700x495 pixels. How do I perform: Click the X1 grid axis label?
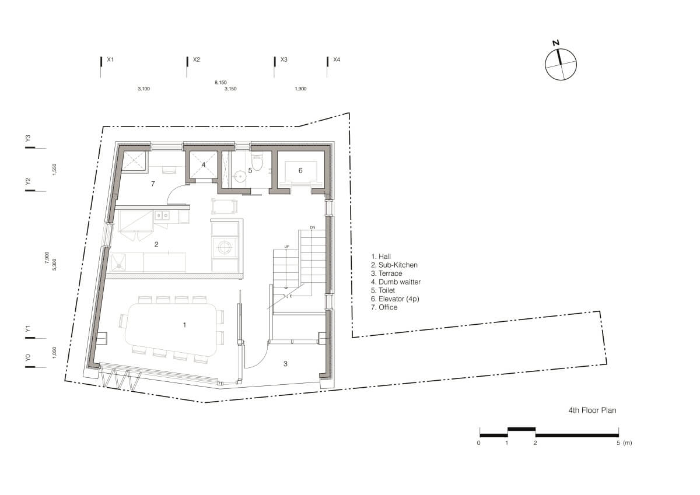pyautogui.click(x=110, y=59)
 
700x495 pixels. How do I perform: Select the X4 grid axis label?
pyautogui.click(x=337, y=59)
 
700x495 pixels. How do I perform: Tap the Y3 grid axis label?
pyautogui.click(x=28, y=138)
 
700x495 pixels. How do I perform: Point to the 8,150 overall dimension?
pyautogui.click(x=220, y=82)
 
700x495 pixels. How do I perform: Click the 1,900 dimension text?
pyautogui.click(x=300, y=89)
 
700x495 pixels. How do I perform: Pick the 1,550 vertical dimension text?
pyautogui.click(x=54, y=170)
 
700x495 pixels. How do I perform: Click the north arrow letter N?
pyautogui.click(x=555, y=43)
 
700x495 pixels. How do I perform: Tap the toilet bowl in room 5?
pyautogui.click(x=257, y=162)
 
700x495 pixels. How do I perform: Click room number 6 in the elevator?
pyautogui.click(x=300, y=170)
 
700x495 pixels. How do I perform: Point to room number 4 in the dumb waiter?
pyautogui.click(x=204, y=164)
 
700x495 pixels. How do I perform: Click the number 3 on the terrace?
pyautogui.click(x=285, y=364)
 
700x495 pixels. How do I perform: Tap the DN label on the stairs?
pyautogui.click(x=313, y=227)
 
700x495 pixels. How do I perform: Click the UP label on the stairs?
pyautogui.click(x=287, y=247)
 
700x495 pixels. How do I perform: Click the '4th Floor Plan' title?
pyautogui.click(x=592, y=410)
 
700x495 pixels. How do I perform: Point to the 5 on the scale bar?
pyautogui.click(x=618, y=443)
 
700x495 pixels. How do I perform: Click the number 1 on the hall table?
pyautogui.click(x=184, y=325)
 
